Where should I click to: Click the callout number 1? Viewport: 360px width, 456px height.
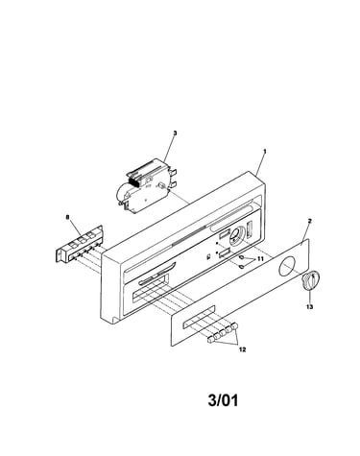[x=265, y=151]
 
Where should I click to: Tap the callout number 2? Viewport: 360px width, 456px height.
[x=309, y=221]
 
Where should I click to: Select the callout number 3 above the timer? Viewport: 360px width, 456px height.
[x=175, y=132]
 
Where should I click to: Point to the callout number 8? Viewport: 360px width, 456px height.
[x=67, y=217]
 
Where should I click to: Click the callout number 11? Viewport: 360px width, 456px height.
[x=260, y=259]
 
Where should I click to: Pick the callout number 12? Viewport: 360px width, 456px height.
[x=243, y=349]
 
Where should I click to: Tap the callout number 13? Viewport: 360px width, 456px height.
[x=309, y=307]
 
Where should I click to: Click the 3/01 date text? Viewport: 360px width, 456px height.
[x=223, y=400]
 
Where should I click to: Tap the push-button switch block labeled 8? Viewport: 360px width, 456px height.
[x=80, y=244]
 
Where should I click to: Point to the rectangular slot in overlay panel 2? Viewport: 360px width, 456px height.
[x=199, y=317]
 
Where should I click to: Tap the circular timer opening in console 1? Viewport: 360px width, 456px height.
[x=236, y=236]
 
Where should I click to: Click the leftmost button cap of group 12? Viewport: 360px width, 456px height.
[x=211, y=340]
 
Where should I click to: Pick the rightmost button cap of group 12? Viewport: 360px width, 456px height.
[x=236, y=325]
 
